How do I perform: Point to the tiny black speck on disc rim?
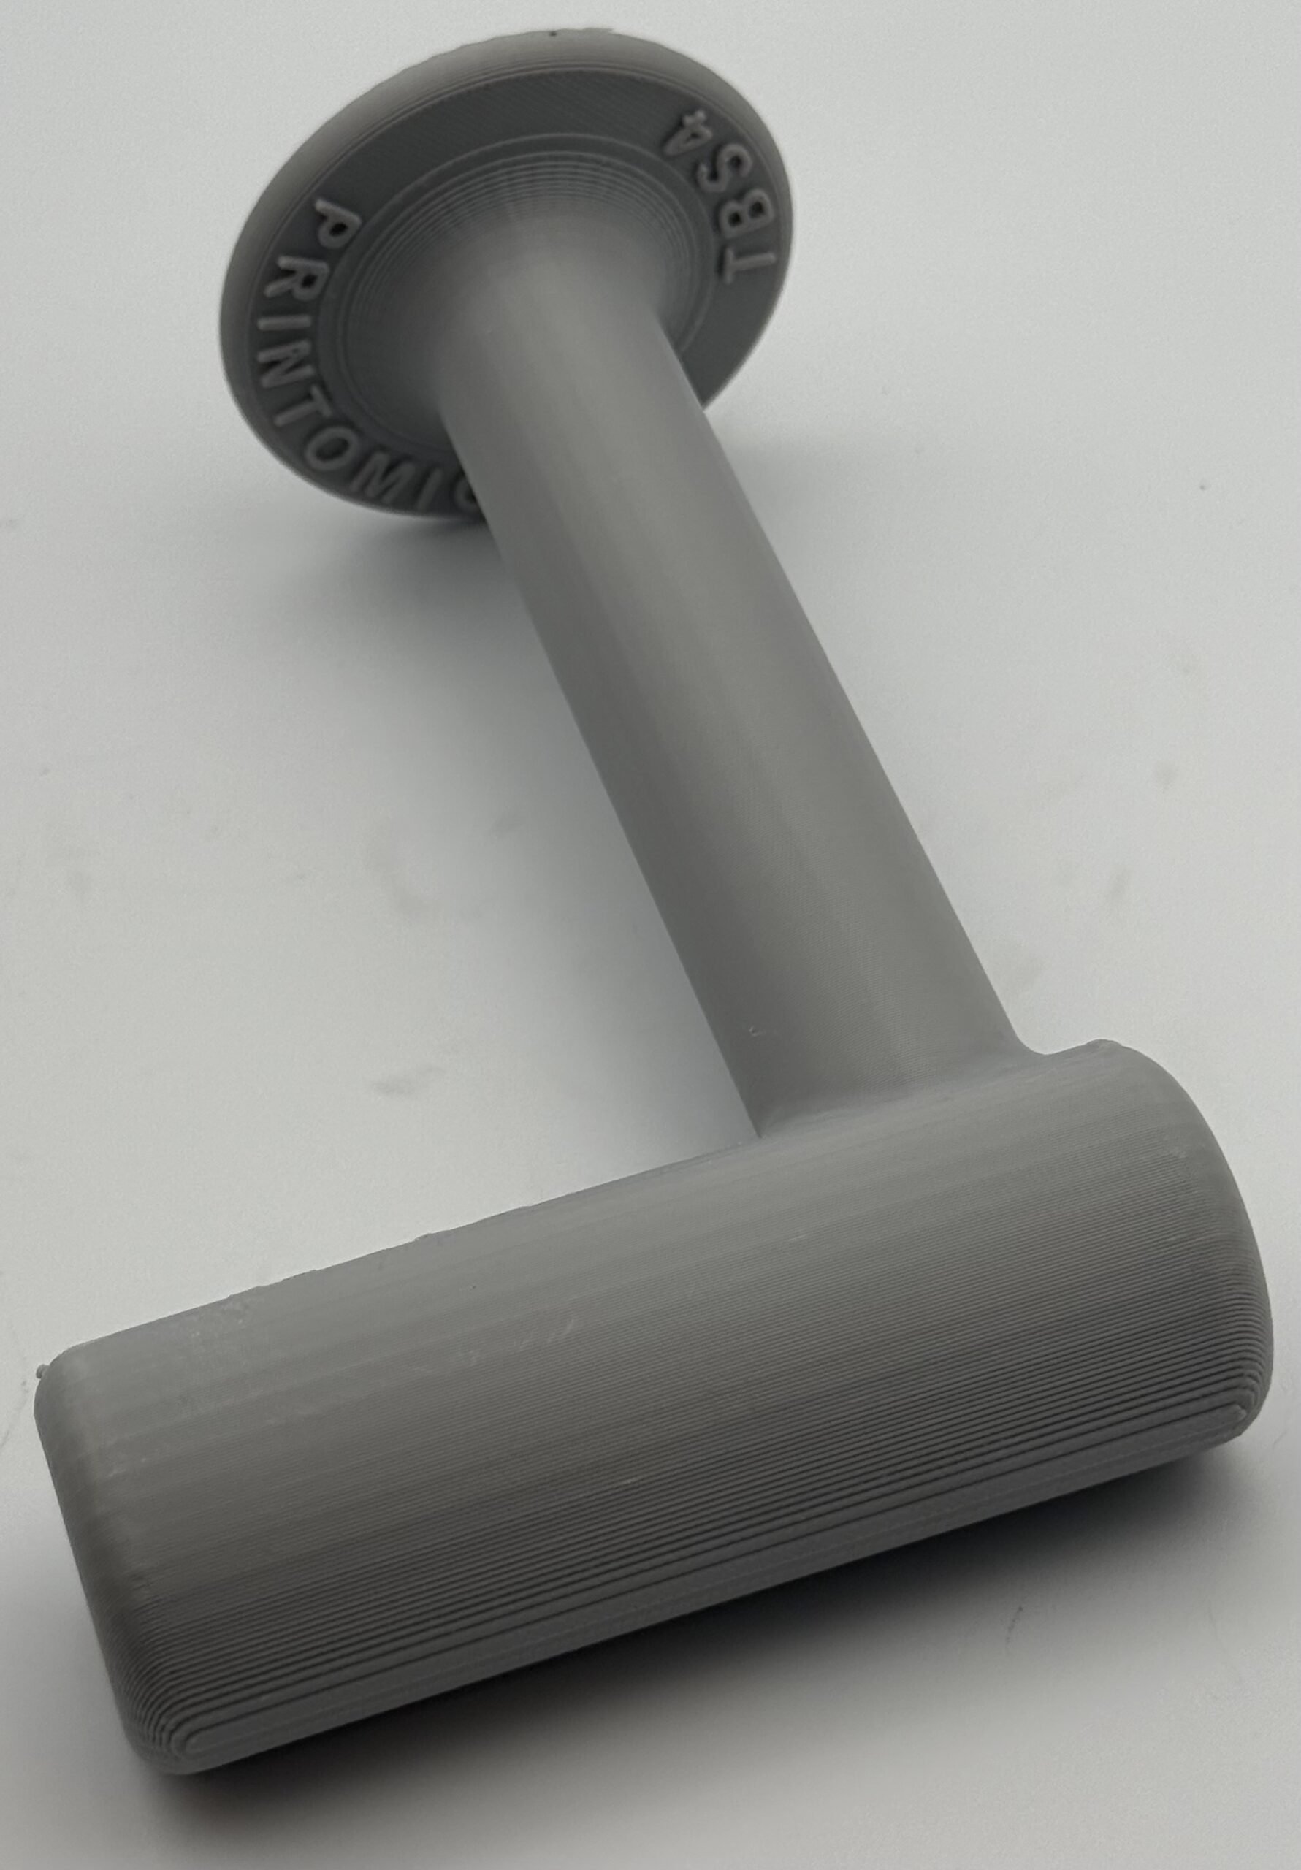point(557,34)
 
